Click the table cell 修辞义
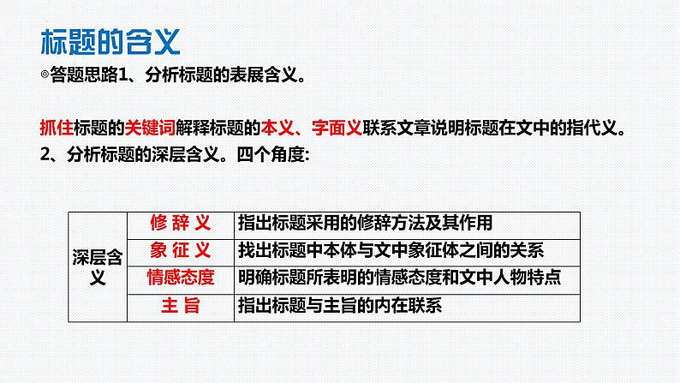coord(180,223)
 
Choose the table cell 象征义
coord(180,250)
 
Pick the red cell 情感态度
coord(180,277)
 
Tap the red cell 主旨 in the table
coord(180,305)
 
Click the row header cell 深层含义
coord(98,265)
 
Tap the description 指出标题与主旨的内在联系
coord(341,305)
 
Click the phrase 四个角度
coord(268,155)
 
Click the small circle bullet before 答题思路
coord(45,76)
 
